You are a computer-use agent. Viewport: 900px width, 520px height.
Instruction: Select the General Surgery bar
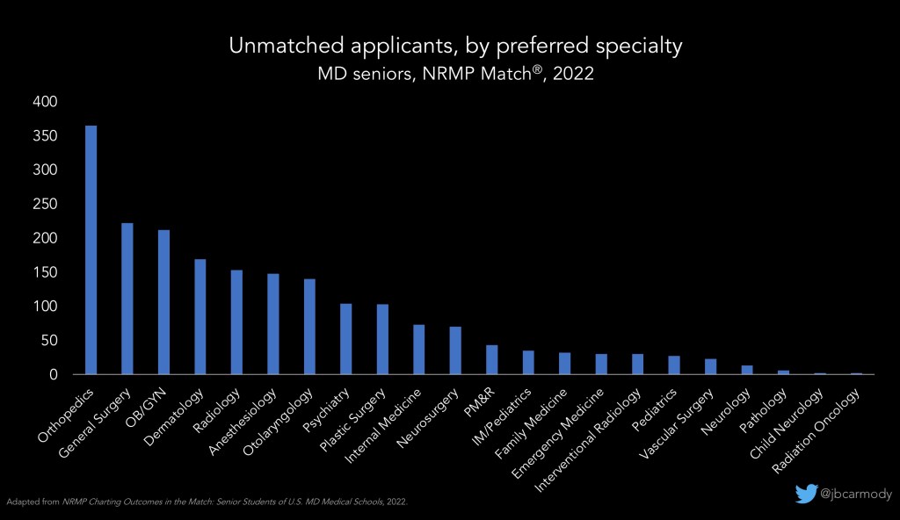(127, 299)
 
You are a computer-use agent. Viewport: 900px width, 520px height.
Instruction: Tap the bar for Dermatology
(200, 316)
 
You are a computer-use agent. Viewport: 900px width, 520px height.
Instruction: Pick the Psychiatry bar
(346, 339)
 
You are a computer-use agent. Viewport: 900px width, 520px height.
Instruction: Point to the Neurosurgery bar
(455, 350)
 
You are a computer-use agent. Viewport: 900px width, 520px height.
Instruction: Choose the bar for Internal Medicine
(419, 350)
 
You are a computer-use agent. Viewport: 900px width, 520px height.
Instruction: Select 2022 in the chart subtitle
(571, 75)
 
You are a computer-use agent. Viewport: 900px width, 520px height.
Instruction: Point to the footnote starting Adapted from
(208, 502)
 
